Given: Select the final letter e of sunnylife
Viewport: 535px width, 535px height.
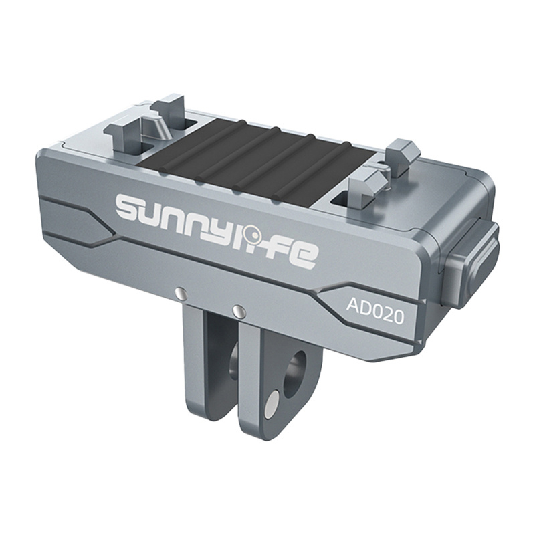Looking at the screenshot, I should coord(302,253).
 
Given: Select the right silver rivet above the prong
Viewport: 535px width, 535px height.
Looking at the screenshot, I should coord(237,310).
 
